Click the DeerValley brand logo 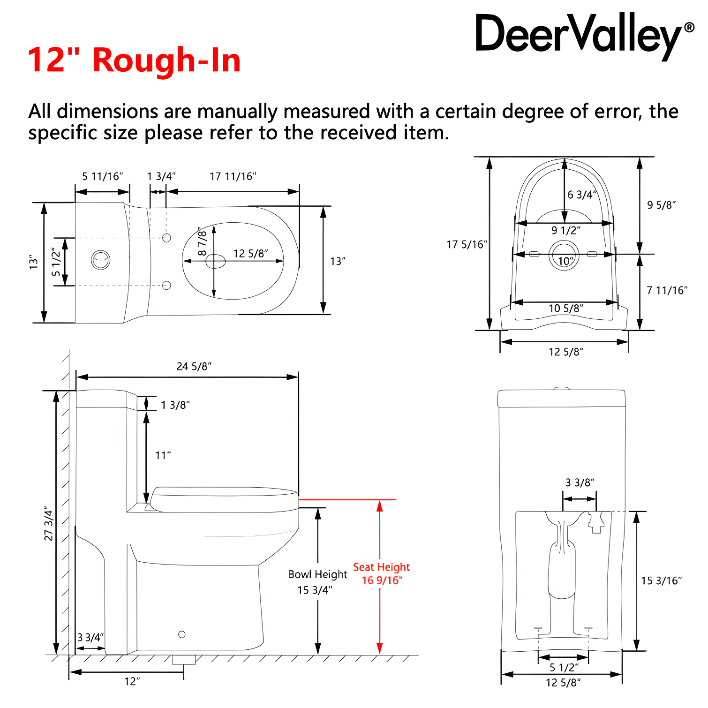point(585,36)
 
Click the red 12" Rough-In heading point(135,60)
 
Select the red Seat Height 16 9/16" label point(381,574)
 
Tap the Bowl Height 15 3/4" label point(317,582)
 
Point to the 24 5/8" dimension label point(194,366)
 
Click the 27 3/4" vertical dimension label point(49,523)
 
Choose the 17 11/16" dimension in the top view point(233,176)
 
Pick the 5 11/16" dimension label point(103,176)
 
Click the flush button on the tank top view point(100,260)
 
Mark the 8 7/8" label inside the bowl point(202,241)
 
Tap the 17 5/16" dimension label point(467,244)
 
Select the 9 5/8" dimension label point(662,205)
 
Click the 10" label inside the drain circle point(565,261)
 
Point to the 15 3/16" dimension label point(662,580)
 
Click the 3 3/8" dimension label point(580,482)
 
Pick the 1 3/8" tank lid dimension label point(175,405)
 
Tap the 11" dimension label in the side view point(163,455)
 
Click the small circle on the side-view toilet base point(182,634)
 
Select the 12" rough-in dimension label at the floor point(132,681)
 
